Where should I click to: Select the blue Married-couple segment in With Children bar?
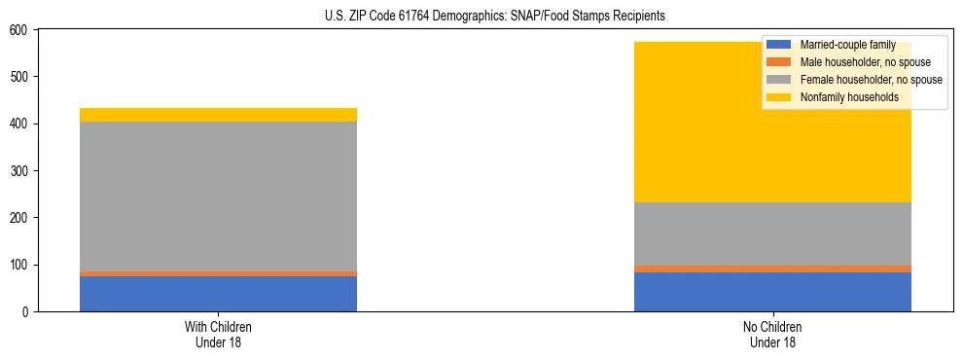click(x=218, y=294)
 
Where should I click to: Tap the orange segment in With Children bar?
click(x=218, y=273)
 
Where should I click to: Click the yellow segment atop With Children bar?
click(x=218, y=115)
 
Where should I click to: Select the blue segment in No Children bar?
click(x=772, y=292)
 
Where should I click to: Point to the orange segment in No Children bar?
click(x=772, y=269)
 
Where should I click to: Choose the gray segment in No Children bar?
click(x=772, y=234)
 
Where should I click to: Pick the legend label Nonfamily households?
click(x=849, y=97)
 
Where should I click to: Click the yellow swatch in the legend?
click(x=779, y=97)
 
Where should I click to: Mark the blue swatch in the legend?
click(x=779, y=45)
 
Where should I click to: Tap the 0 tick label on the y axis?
click(x=26, y=312)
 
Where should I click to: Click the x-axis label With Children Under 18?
click(x=218, y=334)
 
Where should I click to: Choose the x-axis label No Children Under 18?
click(x=772, y=334)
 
